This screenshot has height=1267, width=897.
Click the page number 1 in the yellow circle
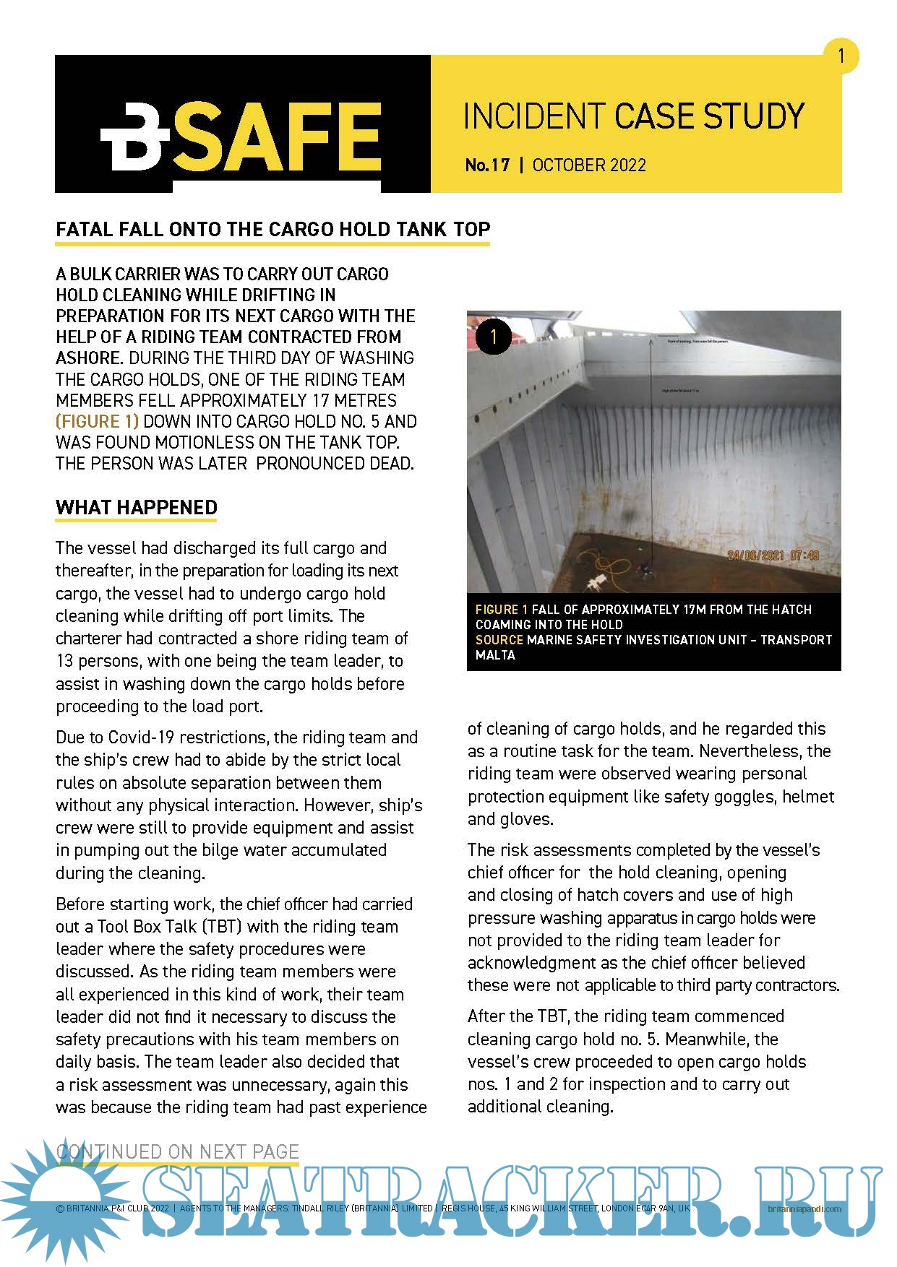click(x=841, y=56)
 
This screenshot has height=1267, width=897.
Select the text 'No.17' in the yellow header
click(x=487, y=165)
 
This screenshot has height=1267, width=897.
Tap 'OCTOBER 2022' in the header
click(x=589, y=165)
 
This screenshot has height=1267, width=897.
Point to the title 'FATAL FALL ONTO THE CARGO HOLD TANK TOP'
click(x=272, y=230)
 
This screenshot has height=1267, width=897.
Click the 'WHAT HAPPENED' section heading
click(x=136, y=507)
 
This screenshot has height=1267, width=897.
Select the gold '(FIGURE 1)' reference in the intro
click(x=97, y=421)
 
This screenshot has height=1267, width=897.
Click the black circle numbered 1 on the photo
click(x=494, y=337)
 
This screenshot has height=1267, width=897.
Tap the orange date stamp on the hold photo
click(x=773, y=555)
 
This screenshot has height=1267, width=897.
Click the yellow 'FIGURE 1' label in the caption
click(x=501, y=609)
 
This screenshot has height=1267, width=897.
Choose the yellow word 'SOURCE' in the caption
click(x=499, y=639)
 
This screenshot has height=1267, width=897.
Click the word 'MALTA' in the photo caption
click(x=495, y=655)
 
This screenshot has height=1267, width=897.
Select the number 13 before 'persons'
click(x=64, y=661)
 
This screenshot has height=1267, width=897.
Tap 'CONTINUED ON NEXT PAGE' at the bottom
click(x=177, y=1151)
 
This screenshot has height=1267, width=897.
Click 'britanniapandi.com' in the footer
click(x=804, y=1208)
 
